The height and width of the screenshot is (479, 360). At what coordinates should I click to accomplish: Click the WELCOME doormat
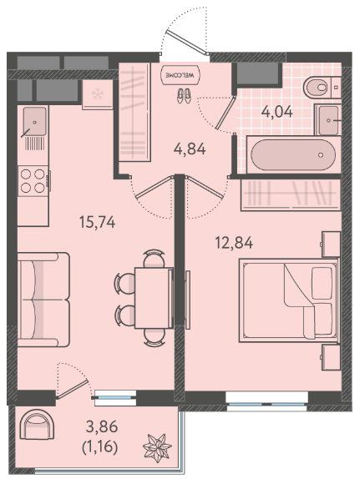click(180, 74)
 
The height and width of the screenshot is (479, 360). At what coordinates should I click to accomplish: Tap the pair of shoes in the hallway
click(184, 95)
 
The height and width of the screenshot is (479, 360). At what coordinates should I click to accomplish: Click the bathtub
click(293, 154)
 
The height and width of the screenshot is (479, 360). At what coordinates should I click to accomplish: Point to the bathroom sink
click(327, 120)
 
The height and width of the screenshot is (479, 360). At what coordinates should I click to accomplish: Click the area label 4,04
click(276, 112)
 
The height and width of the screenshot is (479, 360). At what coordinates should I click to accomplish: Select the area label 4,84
click(190, 149)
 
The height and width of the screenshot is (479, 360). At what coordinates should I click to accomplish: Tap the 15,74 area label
click(97, 222)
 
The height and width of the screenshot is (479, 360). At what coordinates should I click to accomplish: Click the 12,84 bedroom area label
click(234, 243)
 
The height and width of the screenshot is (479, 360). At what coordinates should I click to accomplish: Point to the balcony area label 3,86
click(102, 426)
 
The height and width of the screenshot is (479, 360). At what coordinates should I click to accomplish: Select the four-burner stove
click(33, 181)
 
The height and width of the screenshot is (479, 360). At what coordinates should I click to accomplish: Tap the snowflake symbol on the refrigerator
click(98, 93)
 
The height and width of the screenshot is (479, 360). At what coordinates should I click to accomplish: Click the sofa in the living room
click(43, 300)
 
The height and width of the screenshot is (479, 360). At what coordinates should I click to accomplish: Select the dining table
click(154, 298)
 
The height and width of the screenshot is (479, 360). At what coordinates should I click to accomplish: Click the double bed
click(289, 300)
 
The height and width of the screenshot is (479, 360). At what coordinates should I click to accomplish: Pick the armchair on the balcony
click(37, 424)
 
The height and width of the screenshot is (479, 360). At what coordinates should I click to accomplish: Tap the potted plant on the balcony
click(157, 447)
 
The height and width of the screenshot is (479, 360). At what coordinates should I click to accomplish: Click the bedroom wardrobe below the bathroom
click(291, 195)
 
